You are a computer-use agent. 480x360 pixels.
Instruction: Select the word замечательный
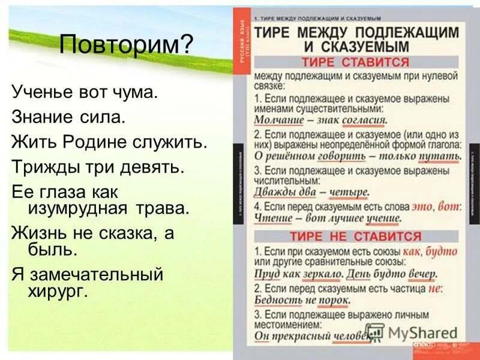93,275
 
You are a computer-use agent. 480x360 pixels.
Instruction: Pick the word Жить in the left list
31,143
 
